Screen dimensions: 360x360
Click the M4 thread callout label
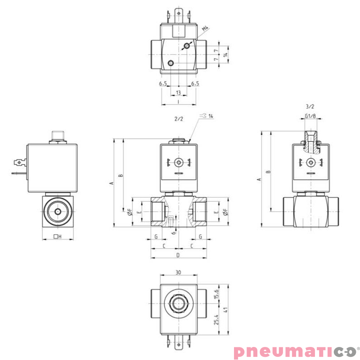pyautogui.click(x=206, y=29)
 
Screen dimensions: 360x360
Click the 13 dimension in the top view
pyautogui.click(x=179, y=93)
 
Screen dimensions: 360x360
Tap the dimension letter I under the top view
pyautogui.click(x=179, y=102)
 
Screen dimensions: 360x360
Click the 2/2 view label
pyautogui.click(x=179, y=119)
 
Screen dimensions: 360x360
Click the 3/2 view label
pyautogui.click(x=310, y=107)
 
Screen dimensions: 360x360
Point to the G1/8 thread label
pyautogui.click(x=310, y=117)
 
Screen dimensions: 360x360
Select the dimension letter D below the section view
pyautogui.click(x=178, y=255)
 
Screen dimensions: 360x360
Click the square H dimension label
pyautogui.click(x=57, y=237)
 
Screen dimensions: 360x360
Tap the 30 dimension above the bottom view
pyautogui.click(x=178, y=272)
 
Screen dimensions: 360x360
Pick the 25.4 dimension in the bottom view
pyautogui.click(x=216, y=320)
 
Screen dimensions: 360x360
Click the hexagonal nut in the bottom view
pyautogui.click(x=178, y=303)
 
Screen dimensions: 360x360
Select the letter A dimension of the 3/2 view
pyautogui.click(x=259, y=179)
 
